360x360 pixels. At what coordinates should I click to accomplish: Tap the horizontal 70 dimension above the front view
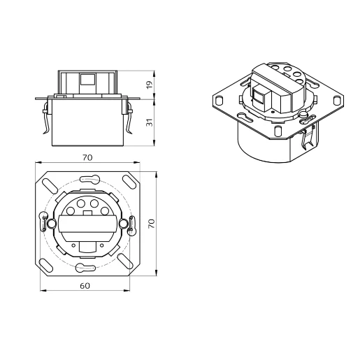click(87, 158)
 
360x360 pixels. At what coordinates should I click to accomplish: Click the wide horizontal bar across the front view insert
click(87, 225)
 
